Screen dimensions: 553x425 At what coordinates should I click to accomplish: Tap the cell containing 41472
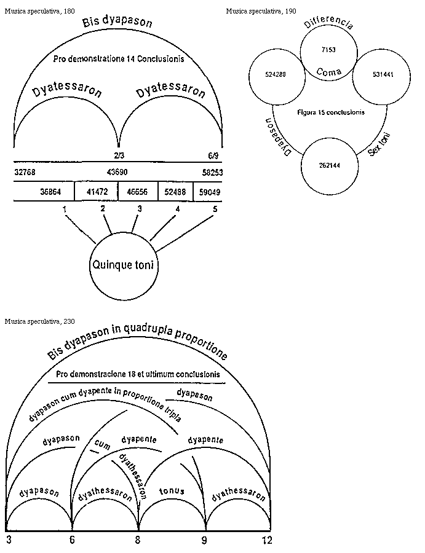[x=97, y=192]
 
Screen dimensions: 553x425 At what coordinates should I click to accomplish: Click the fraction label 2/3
[x=119, y=156]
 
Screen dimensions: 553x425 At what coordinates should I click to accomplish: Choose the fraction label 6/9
[x=215, y=156]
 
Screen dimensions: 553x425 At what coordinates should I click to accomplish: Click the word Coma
[x=328, y=72]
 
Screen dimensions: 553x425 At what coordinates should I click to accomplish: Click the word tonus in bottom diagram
[x=172, y=492]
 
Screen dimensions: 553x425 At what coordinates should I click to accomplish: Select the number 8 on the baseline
[x=138, y=540]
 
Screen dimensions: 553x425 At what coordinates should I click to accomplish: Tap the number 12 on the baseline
[x=266, y=540]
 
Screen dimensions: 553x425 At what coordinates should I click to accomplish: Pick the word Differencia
[x=328, y=25]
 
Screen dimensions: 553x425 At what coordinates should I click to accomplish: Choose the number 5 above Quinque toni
[x=215, y=209]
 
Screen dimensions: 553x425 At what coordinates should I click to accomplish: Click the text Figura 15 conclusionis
[x=330, y=112]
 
